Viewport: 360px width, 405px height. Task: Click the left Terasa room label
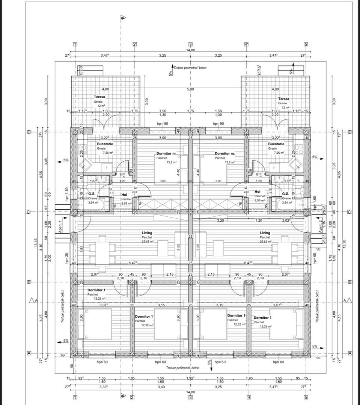[x=99, y=97]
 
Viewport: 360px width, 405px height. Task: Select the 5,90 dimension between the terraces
[x=191, y=89]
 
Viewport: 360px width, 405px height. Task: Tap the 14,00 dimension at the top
[x=191, y=50]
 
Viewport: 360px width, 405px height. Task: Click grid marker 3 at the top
[x=191, y=44]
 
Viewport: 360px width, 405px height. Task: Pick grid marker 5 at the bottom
[x=306, y=397]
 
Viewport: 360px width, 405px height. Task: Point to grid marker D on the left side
[x=29, y=132]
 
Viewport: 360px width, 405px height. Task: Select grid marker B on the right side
[x=350, y=282]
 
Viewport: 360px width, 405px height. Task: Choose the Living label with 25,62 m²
[x=265, y=233]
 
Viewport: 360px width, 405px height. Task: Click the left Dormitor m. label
[x=166, y=154]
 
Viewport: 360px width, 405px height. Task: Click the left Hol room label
[x=124, y=195]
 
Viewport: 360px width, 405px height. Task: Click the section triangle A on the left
[x=33, y=300]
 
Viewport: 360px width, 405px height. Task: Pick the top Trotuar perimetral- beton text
[x=190, y=68]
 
